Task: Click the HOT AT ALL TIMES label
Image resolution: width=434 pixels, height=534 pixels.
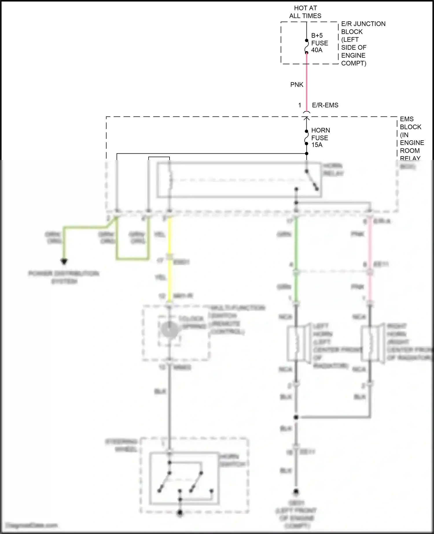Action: (305, 12)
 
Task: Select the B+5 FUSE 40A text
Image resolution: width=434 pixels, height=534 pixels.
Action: (319, 43)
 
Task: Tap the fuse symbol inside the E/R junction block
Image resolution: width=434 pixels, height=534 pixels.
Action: (307, 47)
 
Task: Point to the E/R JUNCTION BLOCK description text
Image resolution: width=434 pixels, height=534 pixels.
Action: (363, 43)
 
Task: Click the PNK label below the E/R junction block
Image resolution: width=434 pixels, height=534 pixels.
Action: (297, 85)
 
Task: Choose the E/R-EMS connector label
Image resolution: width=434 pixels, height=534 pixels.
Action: (325, 105)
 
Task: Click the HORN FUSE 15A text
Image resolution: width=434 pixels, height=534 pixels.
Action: (320, 138)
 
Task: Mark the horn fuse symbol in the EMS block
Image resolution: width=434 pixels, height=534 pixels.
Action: (307, 137)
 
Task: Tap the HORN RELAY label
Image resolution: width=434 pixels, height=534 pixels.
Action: (333, 170)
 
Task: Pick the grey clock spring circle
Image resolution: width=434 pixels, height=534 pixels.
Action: (169, 329)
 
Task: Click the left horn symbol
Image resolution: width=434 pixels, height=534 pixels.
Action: (297, 343)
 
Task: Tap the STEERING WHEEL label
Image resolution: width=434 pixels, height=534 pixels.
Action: (122, 446)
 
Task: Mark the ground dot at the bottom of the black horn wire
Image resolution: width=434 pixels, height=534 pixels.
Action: (296, 491)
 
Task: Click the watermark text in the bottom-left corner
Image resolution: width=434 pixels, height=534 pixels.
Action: (32, 525)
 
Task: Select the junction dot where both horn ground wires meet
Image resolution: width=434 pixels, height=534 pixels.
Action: (296, 417)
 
